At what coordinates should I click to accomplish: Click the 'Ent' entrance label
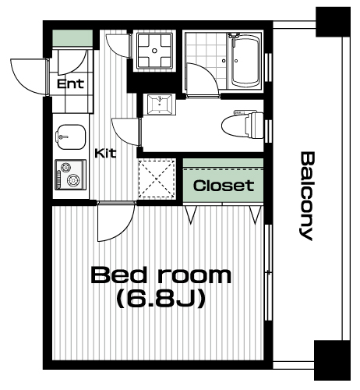pyautogui.click(x=70, y=83)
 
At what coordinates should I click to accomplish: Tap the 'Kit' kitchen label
pyautogui.click(x=105, y=154)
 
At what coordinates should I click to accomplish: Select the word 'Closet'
pyautogui.click(x=224, y=186)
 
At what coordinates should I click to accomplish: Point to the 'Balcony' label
pyautogui.click(x=308, y=196)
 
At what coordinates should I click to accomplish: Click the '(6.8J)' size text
pyautogui.click(x=161, y=299)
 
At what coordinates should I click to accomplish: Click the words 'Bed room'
pyautogui.click(x=161, y=275)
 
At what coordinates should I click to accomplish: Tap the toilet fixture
pyautogui.click(x=243, y=125)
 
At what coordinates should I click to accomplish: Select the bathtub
pyautogui.click(x=245, y=62)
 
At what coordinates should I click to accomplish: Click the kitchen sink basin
pyautogui.click(x=71, y=137)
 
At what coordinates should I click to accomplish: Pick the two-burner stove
pyautogui.click(x=70, y=175)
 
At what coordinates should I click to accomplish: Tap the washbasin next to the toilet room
pyautogui.click(x=160, y=105)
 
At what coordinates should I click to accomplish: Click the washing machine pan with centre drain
pyautogui.click(x=154, y=51)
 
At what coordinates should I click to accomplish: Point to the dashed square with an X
pyautogui.click(x=157, y=179)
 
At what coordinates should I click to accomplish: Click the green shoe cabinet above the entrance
pyautogui.click(x=72, y=38)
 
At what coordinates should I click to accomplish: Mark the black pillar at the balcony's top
pyautogui.click(x=333, y=22)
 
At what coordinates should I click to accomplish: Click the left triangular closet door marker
pyautogui.click(x=190, y=214)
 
